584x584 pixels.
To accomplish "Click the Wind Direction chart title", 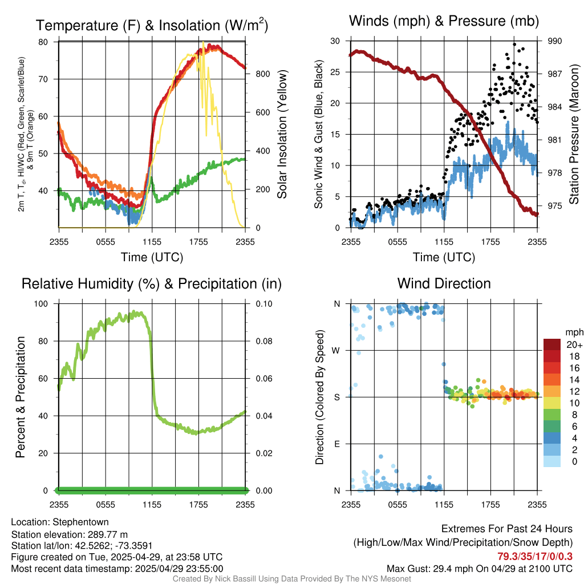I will coord(444,283).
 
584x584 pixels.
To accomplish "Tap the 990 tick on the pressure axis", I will coord(555,41).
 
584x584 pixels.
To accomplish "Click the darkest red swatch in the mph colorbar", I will coord(552,344).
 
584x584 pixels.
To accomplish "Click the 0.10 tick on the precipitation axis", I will coord(263,304).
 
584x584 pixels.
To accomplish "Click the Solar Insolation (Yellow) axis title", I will coord(282,134).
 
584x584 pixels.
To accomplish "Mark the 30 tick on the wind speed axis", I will coord(335,41).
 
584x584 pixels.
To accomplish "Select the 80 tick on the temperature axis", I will coord(43,42).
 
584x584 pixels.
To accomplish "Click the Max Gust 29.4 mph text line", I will coord(479,568).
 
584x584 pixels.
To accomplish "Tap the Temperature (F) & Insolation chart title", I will coord(152,26).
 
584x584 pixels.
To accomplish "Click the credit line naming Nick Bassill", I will coord(291,579).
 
